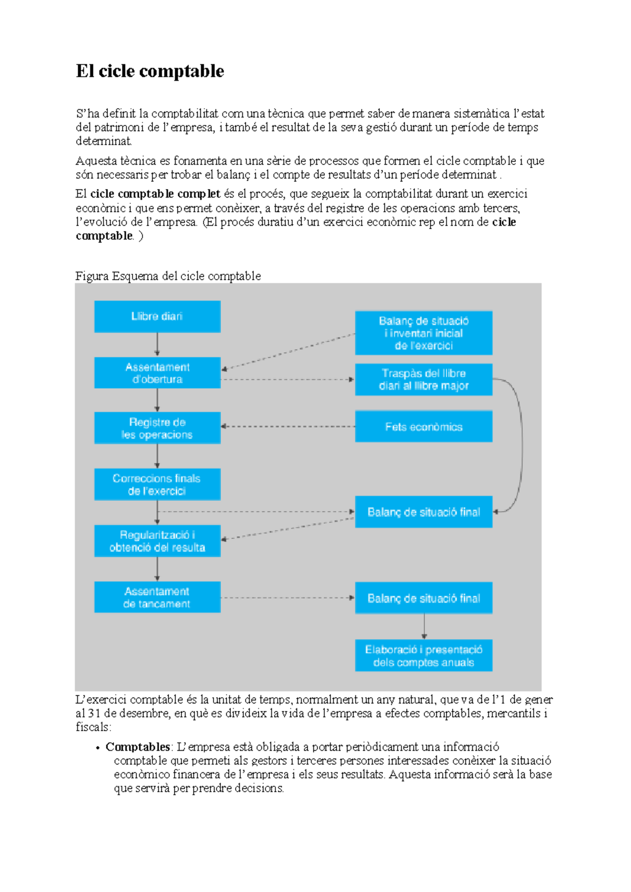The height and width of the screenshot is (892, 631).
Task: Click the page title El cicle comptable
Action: point(150,71)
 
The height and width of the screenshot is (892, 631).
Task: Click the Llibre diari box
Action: point(157,316)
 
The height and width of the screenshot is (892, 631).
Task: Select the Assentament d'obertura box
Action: point(157,373)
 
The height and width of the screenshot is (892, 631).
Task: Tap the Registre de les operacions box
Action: point(157,428)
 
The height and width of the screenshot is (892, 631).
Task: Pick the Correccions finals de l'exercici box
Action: point(157,484)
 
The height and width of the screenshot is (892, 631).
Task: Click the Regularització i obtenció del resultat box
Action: point(157,541)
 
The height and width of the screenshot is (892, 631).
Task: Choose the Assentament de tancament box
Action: point(157,597)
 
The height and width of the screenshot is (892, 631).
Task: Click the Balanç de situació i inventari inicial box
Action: point(423,333)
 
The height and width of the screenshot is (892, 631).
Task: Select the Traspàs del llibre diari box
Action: point(423,379)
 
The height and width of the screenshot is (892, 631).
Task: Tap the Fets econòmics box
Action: point(423,427)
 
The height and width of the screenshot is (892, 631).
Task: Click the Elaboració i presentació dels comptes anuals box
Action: point(423,656)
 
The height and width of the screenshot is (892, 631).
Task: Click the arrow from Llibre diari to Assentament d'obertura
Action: point(157,345)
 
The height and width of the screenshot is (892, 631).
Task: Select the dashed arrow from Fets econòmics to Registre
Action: point(288,427)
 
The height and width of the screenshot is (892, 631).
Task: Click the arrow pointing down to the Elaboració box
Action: point(424,626)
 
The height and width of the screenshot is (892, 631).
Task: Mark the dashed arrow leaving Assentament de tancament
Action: point(288,598)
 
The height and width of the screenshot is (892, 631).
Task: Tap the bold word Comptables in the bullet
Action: point(137,746)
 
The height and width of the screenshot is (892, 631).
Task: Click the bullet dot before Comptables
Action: point(98,748)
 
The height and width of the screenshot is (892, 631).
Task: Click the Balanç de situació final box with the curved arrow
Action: point(423,512)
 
